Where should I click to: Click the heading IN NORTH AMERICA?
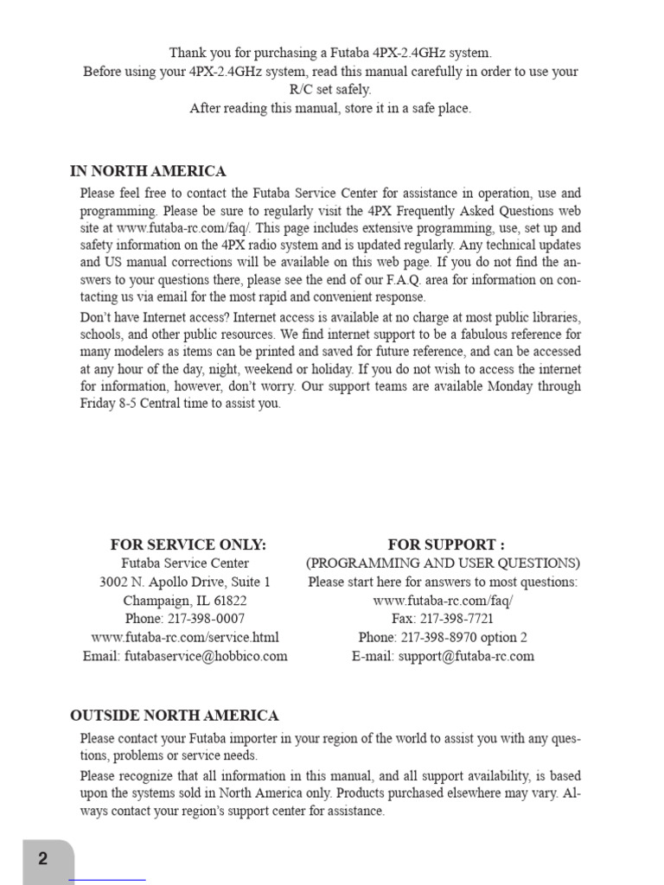[148, 171]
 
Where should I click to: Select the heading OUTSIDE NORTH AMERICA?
[174, 716]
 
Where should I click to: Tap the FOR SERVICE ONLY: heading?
[188, 544]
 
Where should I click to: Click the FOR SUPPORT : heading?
[446, 544]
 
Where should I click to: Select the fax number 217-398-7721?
[456, 619]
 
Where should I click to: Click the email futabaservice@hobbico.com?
[206, 656]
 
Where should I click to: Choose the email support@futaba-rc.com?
[467, 656]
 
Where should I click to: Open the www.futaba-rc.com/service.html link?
[185, 638]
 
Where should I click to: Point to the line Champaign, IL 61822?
[185, 601]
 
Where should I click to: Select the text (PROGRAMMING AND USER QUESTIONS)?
[443, 563]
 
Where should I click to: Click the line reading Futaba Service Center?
[185, 563]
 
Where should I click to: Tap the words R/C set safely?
[330, 90]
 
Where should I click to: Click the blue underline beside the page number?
[106, 880]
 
